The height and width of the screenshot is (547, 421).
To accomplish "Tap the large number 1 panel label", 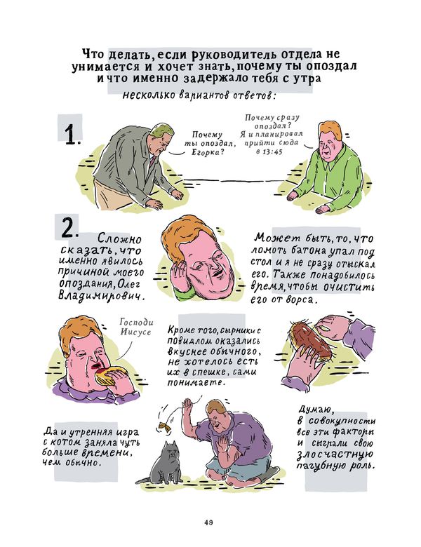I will tap(72, 135).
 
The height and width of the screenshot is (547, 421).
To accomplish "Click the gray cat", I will tap(163, 464).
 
